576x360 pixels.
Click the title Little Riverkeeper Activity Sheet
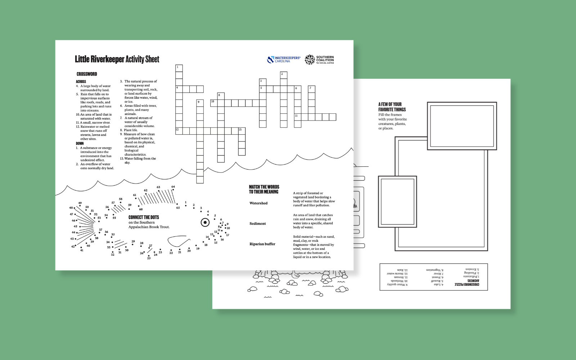(x=117, y=59)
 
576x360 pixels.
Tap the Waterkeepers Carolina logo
(x=284, y=59)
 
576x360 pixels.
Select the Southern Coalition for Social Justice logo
(x=319, y=59)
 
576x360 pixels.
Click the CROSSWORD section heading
(x=87, y=74)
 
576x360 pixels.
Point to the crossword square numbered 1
(x=179, y=68)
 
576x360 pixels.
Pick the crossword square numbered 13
(x=242, y=131)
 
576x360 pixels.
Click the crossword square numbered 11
(x=298, y=117)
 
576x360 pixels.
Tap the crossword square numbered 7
(x=311, y=89)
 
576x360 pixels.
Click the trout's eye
(x=205, y=222)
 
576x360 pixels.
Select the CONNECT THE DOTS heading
(x=144, y=217)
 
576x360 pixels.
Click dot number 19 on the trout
(x=196, y=246)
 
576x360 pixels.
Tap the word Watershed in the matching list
(x=258, y=203)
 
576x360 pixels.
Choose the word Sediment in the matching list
(x=258, y=224)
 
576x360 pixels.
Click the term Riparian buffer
(x=262, y=244)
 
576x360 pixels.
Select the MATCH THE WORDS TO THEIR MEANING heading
(x=264, y=189)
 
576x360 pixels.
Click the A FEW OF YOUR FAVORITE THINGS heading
(x=392, y=107)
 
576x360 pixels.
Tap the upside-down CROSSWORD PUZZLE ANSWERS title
(x=467, y=283)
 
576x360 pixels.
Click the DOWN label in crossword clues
(x=80, y=143)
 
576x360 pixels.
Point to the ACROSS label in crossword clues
(x=81, y=82)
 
